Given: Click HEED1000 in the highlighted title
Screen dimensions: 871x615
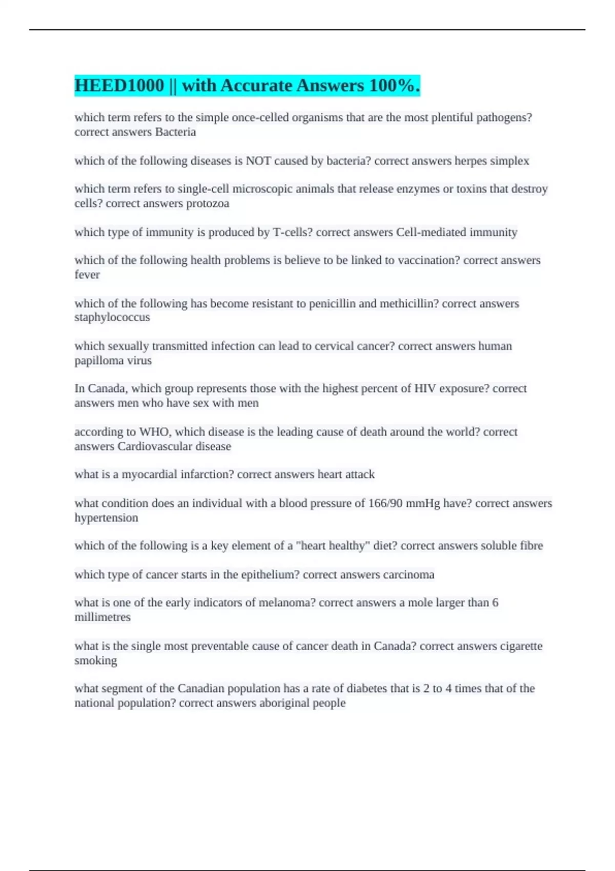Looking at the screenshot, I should point(119,86).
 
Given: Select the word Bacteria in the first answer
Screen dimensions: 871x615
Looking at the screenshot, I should point(175,132).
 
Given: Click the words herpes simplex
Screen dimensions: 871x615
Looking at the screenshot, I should point(491,161).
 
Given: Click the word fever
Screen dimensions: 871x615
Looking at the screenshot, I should point(87,275).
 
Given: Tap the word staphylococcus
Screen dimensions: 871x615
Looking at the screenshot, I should point(112,317).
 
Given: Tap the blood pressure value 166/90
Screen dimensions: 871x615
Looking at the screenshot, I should point(385,503).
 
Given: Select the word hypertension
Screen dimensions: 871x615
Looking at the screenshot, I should point(106,518).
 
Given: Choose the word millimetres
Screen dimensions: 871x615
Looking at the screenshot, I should point(102,617).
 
